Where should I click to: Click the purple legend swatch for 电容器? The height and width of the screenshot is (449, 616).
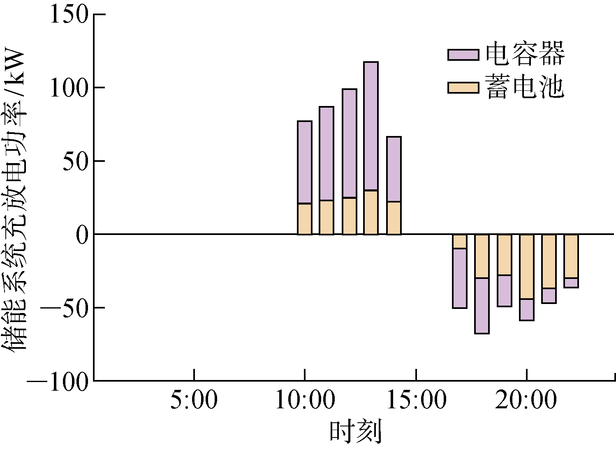463,55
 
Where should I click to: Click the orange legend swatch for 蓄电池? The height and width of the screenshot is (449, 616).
463,88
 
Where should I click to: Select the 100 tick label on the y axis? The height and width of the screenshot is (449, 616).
69,88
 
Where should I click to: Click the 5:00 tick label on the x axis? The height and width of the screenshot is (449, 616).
193,401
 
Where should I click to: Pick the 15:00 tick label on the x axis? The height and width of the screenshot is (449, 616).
416,401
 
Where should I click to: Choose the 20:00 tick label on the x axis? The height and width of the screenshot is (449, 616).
526,401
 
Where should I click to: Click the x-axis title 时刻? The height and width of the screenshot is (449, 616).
356,432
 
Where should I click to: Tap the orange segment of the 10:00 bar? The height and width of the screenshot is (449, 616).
305,219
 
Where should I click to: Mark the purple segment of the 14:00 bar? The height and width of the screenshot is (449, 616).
394,169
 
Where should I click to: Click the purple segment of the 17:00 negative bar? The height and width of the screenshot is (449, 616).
459,279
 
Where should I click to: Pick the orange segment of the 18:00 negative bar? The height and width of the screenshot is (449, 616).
482,256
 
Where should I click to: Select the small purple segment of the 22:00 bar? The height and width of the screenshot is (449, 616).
571,283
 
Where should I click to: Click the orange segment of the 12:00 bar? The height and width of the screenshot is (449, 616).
350,216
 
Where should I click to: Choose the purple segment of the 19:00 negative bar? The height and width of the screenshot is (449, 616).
505,291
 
